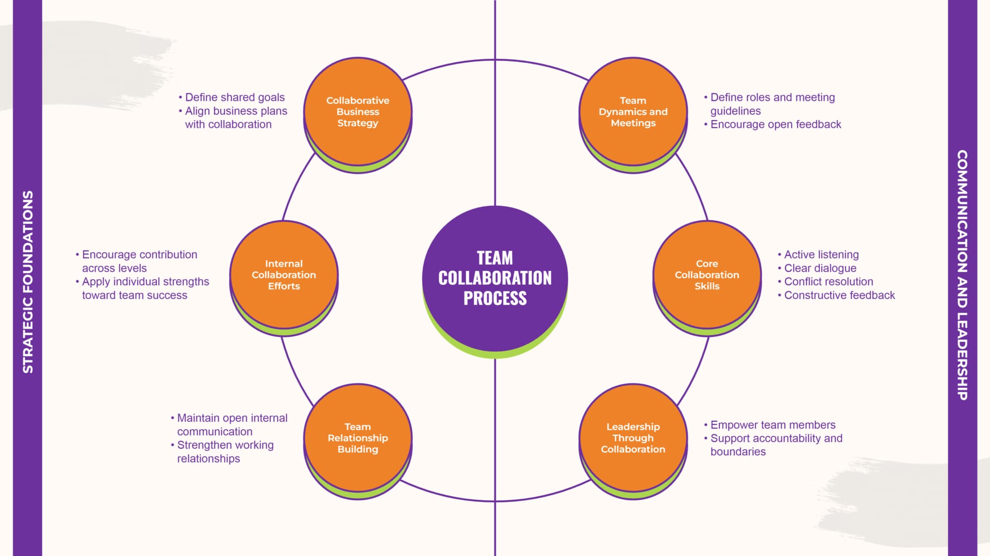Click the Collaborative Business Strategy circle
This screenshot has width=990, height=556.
click(x=358, y=111)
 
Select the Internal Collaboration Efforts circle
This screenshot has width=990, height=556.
click(x=284, y=274)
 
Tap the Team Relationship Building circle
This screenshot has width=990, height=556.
click(x=358, y=438)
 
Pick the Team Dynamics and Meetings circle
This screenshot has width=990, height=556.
click(x=633, y=111)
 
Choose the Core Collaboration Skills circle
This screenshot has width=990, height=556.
click(x=707, y=274)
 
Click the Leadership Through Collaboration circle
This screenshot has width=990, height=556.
click(x=633, y=438)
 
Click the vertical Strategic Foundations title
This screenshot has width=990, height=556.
click(x=28, y=282)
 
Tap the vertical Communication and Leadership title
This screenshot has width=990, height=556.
click(x=962, y=274)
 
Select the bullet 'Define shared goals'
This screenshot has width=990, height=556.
click(x=235, y=97)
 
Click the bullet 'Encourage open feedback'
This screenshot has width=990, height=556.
click(x=775, y=124)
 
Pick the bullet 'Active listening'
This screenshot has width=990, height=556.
click(x=821, y=255)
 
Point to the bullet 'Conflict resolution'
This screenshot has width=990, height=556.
click(x=829, y=282)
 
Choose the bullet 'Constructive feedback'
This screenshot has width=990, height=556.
click(x=839, y=295)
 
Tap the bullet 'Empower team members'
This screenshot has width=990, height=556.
click(x=773, y=425)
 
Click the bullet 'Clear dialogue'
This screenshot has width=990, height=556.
click(x=820, y=268)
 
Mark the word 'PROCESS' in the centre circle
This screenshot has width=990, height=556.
click(x=495, y=298)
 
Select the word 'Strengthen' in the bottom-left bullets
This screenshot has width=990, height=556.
click(x=203, y=445)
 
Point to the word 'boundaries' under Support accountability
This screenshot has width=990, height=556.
click(x=738, y=452)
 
